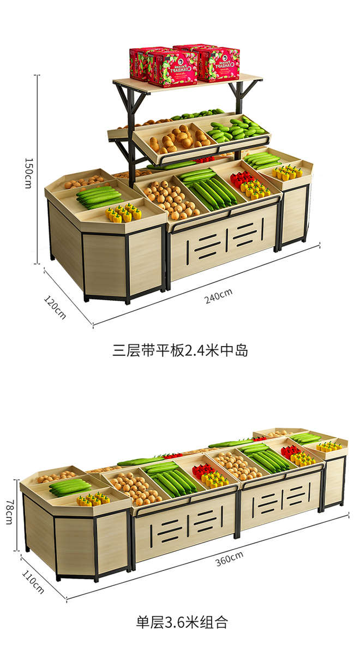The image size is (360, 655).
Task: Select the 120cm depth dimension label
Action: [x=55, y=307]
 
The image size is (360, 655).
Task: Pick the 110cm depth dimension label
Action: [x=33, y=581]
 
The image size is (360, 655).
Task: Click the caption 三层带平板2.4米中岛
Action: [x=181, y=350]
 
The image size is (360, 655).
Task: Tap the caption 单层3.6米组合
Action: [x=181, y=621]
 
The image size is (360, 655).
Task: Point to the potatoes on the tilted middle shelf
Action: [x=177, y=139]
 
